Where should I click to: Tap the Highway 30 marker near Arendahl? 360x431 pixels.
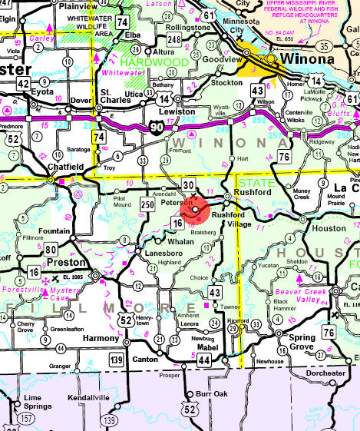coord(189,185)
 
